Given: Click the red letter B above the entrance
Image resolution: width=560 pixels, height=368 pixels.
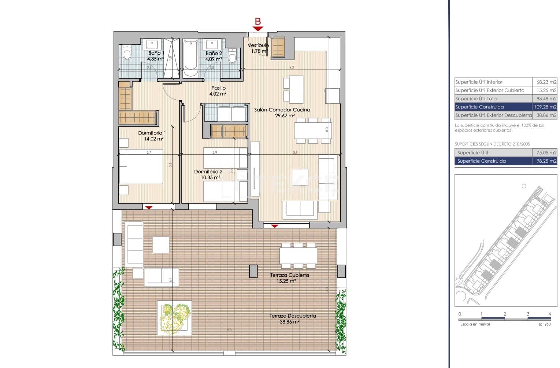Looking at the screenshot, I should (258, 21).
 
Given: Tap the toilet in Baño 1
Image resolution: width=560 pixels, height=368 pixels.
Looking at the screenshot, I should (127, 54).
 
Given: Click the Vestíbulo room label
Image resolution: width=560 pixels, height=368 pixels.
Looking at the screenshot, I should (258, 45).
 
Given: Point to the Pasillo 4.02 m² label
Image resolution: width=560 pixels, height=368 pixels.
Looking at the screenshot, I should (218, 91).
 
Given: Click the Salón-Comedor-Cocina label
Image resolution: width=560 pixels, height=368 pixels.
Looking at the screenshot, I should (282, 110).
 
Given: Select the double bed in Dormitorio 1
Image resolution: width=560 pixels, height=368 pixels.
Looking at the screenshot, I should (141, 167).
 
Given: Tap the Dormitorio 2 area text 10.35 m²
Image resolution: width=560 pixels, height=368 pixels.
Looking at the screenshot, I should (210, 177).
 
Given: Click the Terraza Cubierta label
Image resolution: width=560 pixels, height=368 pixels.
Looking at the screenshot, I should (289, 275).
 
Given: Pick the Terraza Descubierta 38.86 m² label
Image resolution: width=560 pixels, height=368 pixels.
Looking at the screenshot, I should (292, 319).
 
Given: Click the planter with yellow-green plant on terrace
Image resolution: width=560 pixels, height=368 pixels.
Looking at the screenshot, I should (175, 317).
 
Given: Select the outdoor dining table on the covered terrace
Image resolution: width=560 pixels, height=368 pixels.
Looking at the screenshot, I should (298, 255).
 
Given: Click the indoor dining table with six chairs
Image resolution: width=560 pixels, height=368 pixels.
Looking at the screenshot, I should (313, 130).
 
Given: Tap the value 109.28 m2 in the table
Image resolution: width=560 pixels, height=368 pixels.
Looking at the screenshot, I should (545, 107).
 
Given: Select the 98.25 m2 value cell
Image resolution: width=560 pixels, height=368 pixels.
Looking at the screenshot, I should (545, 161).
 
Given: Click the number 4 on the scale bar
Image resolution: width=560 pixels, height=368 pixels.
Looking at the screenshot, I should (550, 314).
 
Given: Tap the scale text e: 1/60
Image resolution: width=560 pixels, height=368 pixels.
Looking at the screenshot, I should (544, 324).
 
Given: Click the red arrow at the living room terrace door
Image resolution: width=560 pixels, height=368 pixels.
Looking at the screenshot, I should (274, 226).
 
